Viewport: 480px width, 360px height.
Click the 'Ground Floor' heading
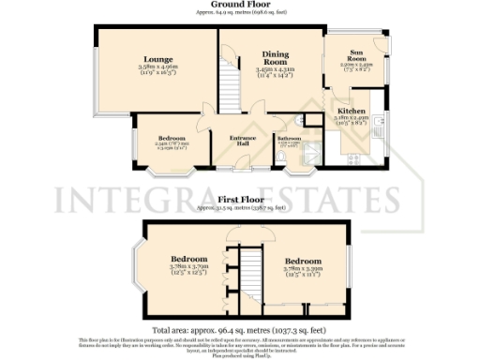(x=239, y=5)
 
